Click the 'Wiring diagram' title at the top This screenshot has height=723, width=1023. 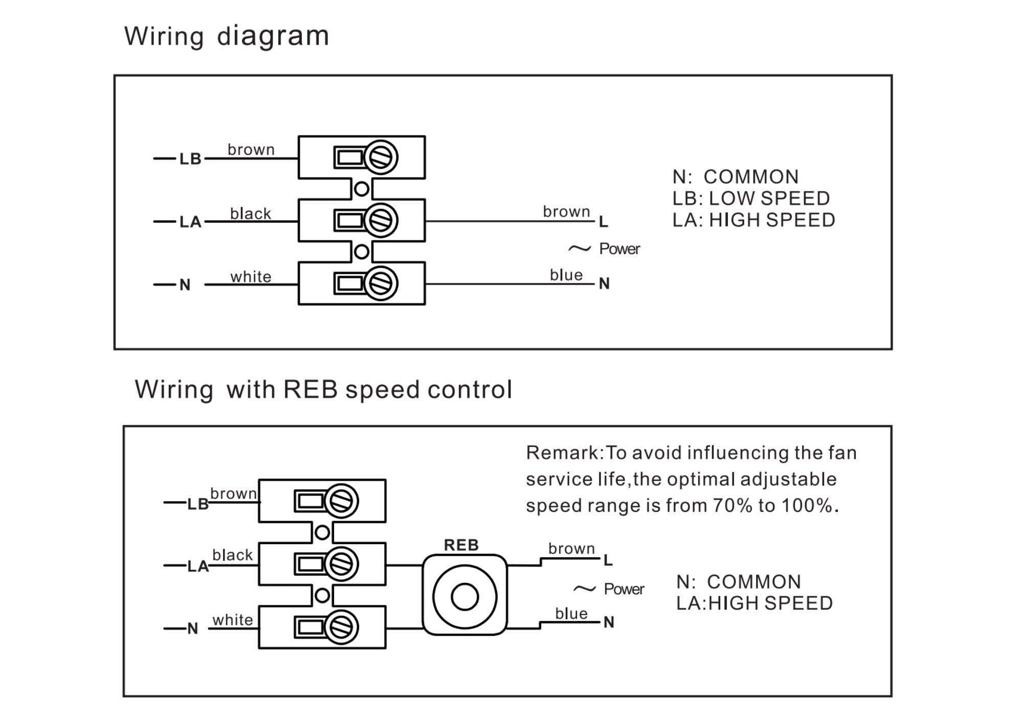click(227, 36)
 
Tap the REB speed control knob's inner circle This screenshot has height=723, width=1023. click(464, 597)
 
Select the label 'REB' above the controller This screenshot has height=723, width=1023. click(461, 545)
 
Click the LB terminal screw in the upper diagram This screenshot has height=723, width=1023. click(381, 157)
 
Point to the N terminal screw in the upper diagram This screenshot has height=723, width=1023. click(381, 283)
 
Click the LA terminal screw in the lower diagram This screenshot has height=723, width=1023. click(341, 564)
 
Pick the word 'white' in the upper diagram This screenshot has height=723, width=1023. click(251, 277)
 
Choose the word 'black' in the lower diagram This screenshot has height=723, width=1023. click(232, 555)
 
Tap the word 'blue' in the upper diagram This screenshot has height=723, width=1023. click(566, 275)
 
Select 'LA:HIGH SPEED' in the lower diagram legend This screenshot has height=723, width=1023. click(754, 603)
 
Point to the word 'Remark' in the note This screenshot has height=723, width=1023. click(562, 453)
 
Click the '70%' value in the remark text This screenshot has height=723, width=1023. click(732, 506)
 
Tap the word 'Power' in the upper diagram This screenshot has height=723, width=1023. click(619, 249)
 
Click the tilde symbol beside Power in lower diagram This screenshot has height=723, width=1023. click(584, 589)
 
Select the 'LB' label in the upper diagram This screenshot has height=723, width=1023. click(190, 159)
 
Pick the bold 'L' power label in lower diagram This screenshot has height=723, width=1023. click(608, 560)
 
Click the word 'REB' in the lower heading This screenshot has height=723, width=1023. click(310, 390)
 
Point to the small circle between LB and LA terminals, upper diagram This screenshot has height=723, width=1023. click(362, 189)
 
